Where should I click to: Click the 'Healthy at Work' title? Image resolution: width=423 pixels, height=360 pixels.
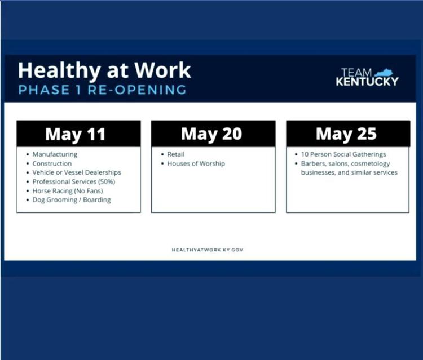tap(104, 71)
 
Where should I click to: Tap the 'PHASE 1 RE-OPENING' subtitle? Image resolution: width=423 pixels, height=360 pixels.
tap(102, 90)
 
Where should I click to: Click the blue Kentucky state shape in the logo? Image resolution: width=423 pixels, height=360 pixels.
tap(384, 73)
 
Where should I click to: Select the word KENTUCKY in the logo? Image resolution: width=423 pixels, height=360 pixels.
tap(367, 81)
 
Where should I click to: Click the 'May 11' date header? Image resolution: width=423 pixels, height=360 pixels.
tap(75, 134)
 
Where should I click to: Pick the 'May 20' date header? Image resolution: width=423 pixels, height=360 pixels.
tap(211, 134)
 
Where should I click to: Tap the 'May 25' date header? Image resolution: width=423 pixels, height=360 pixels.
tap(346, 134)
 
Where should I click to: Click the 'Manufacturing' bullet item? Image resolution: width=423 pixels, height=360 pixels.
tap(55, 154)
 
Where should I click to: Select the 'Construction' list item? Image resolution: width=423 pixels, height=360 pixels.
tap(52, 163)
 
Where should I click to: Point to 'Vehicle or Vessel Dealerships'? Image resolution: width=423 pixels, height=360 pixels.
tap(77, 172)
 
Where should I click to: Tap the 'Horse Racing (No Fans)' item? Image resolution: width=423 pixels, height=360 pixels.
tap(68, 191)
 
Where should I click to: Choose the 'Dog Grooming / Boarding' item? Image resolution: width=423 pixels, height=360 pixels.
tap(72, 200)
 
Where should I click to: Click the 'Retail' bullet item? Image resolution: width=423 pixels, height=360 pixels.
tap(175, 154)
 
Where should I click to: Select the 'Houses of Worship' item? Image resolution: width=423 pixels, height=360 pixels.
tap(196, 163)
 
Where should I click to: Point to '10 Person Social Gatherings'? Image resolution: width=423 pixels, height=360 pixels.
tap(343, 154)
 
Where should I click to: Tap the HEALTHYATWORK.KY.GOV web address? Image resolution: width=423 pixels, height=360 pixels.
tap(208, 250)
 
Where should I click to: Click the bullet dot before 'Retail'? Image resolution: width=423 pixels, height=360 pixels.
tap(162, 154)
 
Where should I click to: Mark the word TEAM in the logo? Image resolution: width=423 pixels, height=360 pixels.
tap(356, 73)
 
